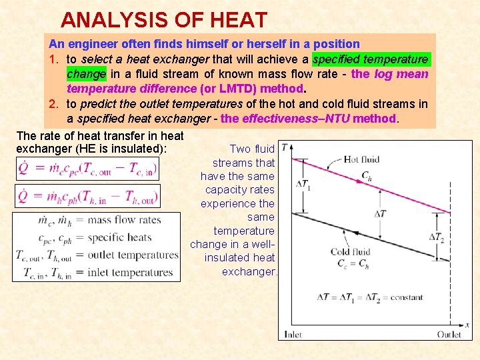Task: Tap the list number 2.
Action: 53,103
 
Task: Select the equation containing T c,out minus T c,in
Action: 87,168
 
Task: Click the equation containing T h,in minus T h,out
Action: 87,196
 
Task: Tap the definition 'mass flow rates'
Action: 125,220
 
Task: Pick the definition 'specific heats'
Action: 120,237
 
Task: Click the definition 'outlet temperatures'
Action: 133,255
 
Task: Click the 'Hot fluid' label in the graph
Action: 361,159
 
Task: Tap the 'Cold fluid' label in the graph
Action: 351,252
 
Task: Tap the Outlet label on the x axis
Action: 449,334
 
